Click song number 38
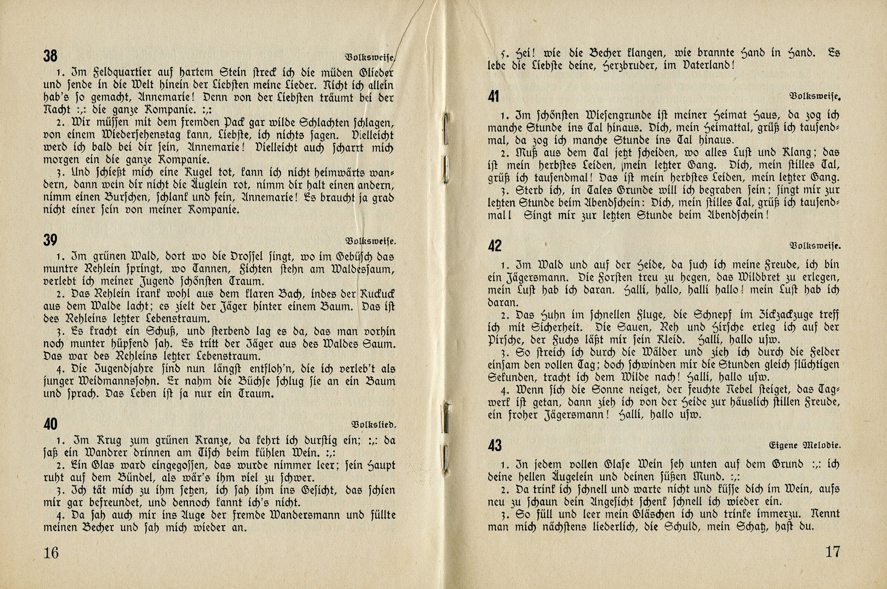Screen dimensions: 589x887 50,56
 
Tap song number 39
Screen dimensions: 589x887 50,240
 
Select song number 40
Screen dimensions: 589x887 50,424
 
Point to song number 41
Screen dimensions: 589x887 494,96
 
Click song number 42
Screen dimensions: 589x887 494,246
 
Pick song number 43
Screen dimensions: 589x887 494,445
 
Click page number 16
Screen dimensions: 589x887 51,553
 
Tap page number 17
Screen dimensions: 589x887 832,552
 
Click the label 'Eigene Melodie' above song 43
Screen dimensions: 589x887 805,445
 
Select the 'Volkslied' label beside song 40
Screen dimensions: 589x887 374,425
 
